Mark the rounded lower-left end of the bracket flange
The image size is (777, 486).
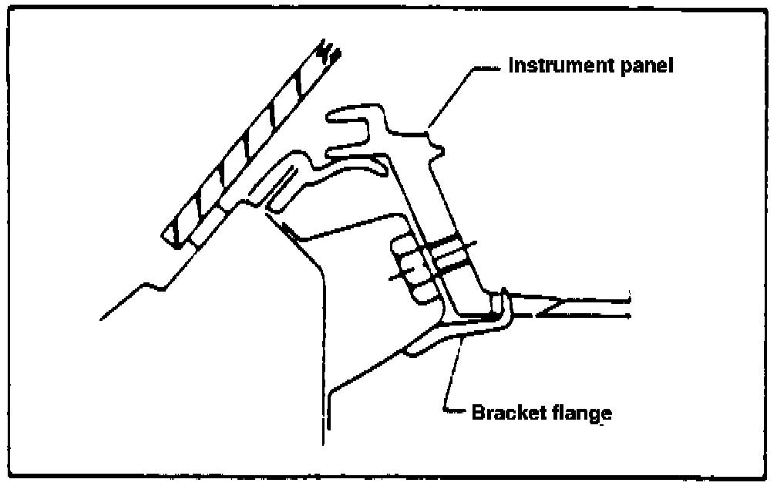click(x=413, y=351)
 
